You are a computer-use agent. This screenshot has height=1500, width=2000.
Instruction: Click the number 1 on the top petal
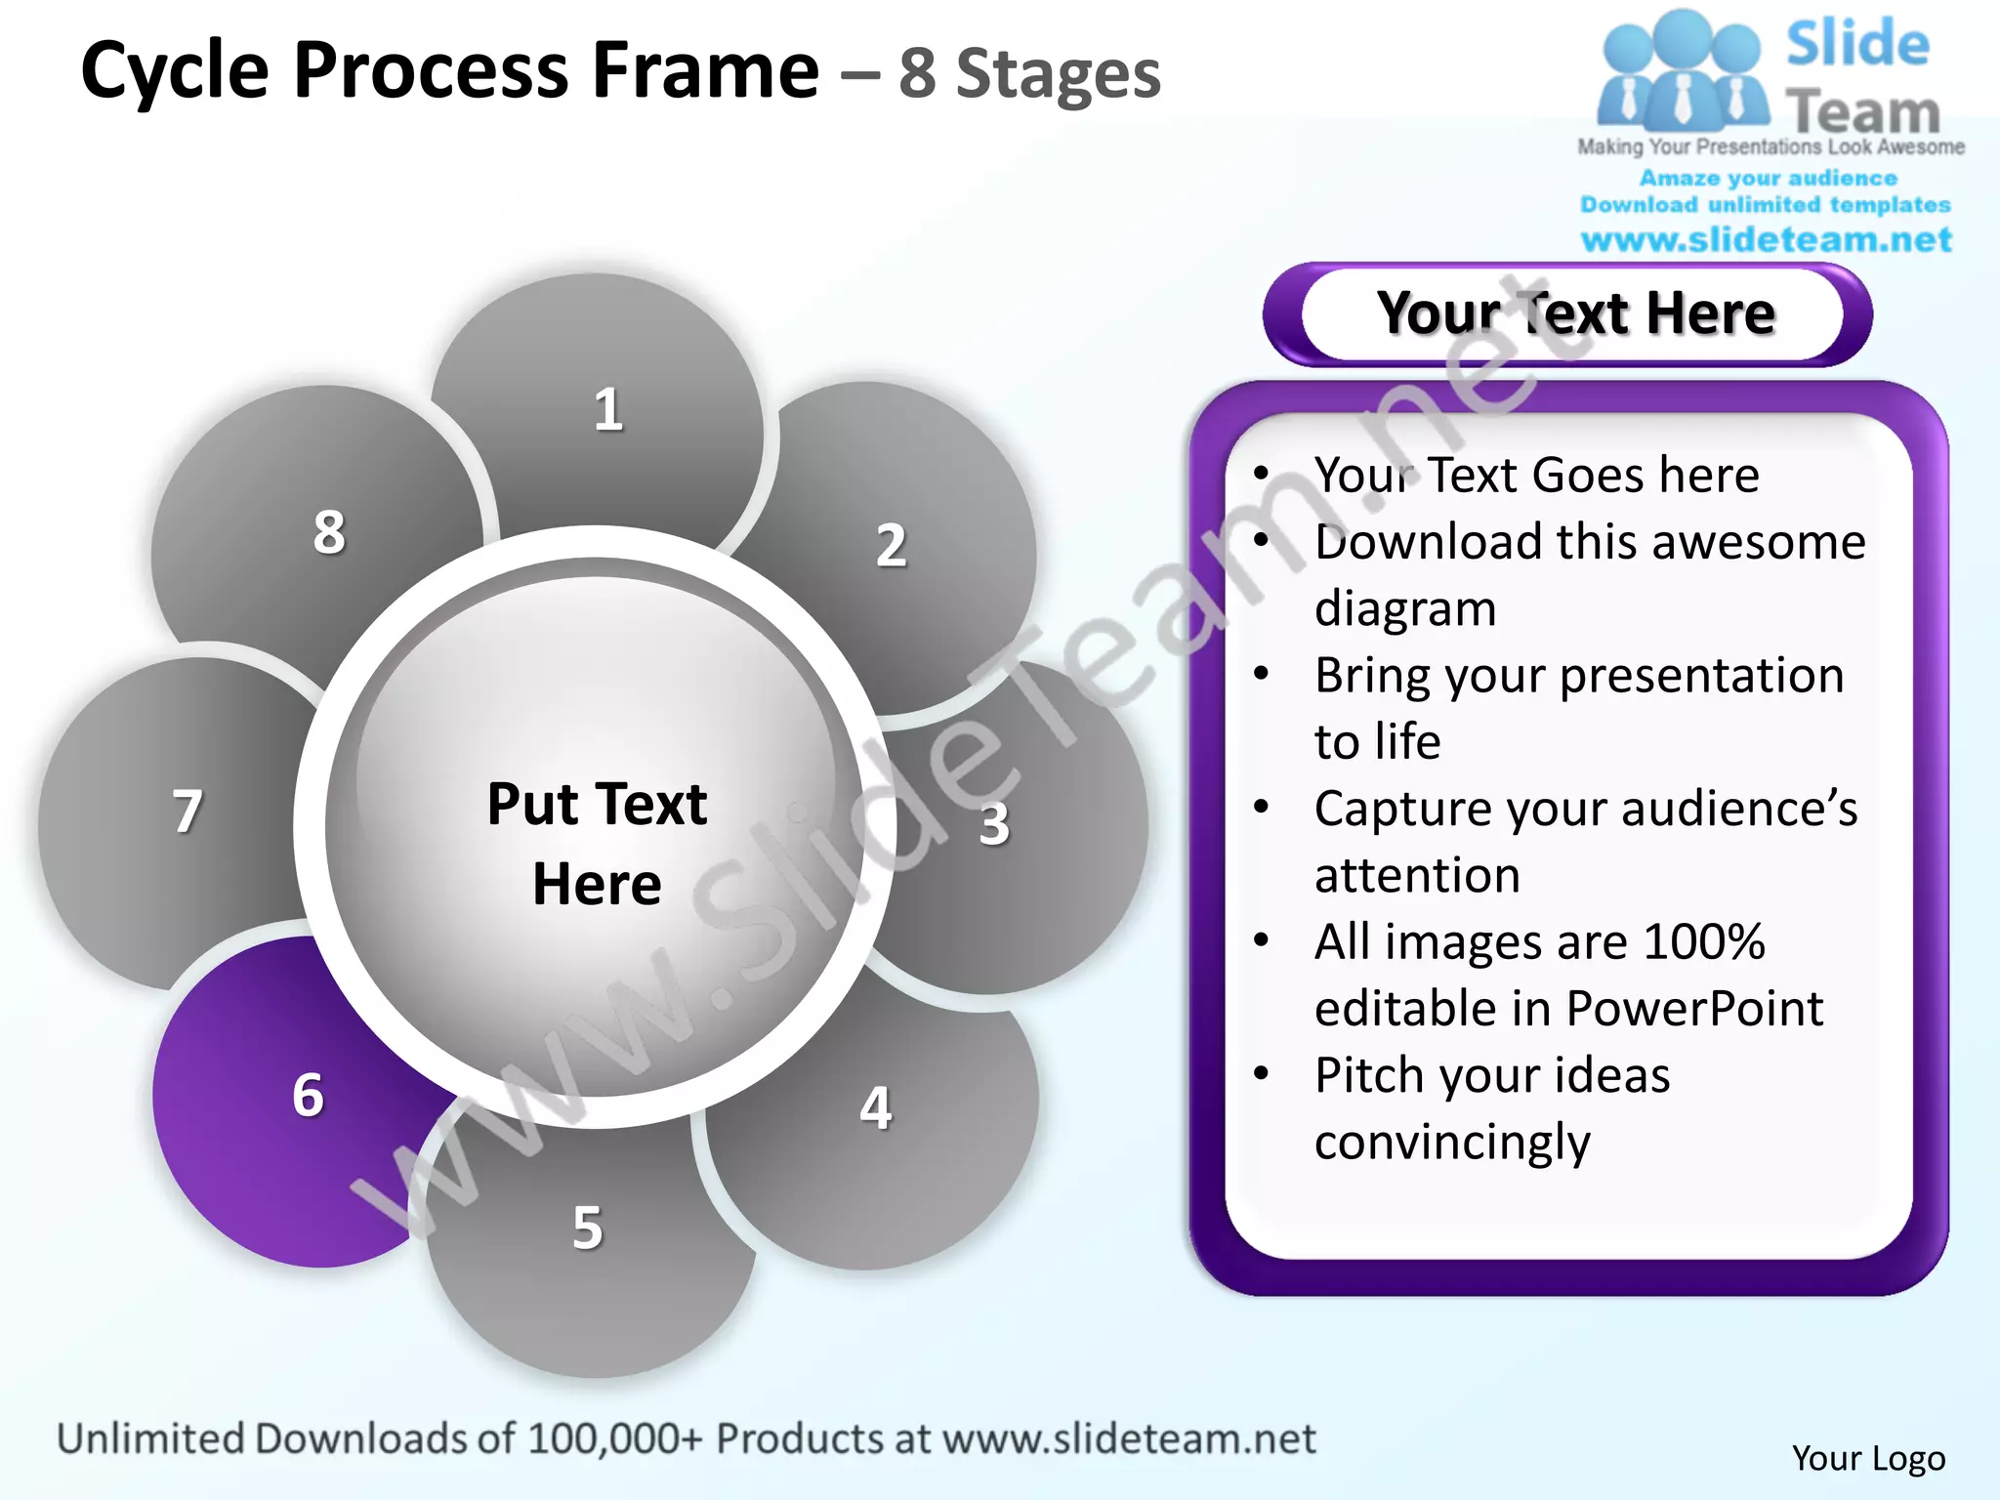(608, 409)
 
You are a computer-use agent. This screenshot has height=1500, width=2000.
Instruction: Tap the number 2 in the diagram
(891, 545)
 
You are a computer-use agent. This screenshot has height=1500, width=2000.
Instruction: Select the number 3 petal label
(994, 824)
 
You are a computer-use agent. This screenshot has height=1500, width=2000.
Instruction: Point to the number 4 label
(876, 1108)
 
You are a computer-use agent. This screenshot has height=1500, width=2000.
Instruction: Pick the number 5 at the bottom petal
(588, 1228)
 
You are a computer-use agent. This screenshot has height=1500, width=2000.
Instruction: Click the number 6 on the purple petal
(309, 1095)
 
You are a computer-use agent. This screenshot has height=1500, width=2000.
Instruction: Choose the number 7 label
(187, 812)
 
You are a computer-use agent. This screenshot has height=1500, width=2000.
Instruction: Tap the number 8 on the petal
(329, 532)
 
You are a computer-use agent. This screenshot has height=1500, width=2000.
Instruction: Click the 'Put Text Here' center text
(597, 844)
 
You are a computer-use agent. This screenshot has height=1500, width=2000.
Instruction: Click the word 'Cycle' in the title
(175, 70)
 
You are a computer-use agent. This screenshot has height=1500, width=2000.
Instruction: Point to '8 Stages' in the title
(1029, 74)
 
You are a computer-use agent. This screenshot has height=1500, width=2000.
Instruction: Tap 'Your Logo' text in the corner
(1868, 1458)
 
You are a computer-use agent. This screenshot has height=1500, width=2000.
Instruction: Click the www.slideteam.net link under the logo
(1766, 240)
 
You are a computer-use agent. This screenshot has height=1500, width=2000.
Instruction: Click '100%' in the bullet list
(1704, 941)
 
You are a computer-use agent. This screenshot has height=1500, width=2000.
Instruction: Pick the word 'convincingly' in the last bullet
(1452, 1142)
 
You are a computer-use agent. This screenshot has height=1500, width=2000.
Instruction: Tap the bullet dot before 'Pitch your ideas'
(1262, 1074)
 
